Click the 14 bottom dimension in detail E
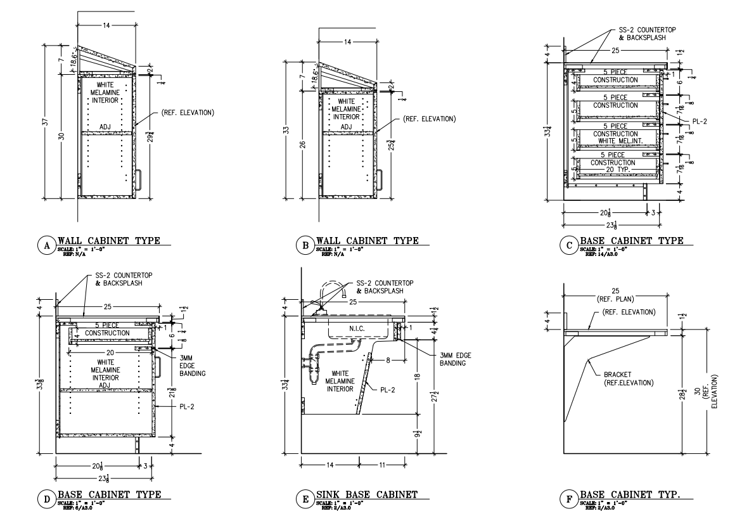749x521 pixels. [x=330, y=464]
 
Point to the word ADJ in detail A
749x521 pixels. [x=105, y=126]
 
